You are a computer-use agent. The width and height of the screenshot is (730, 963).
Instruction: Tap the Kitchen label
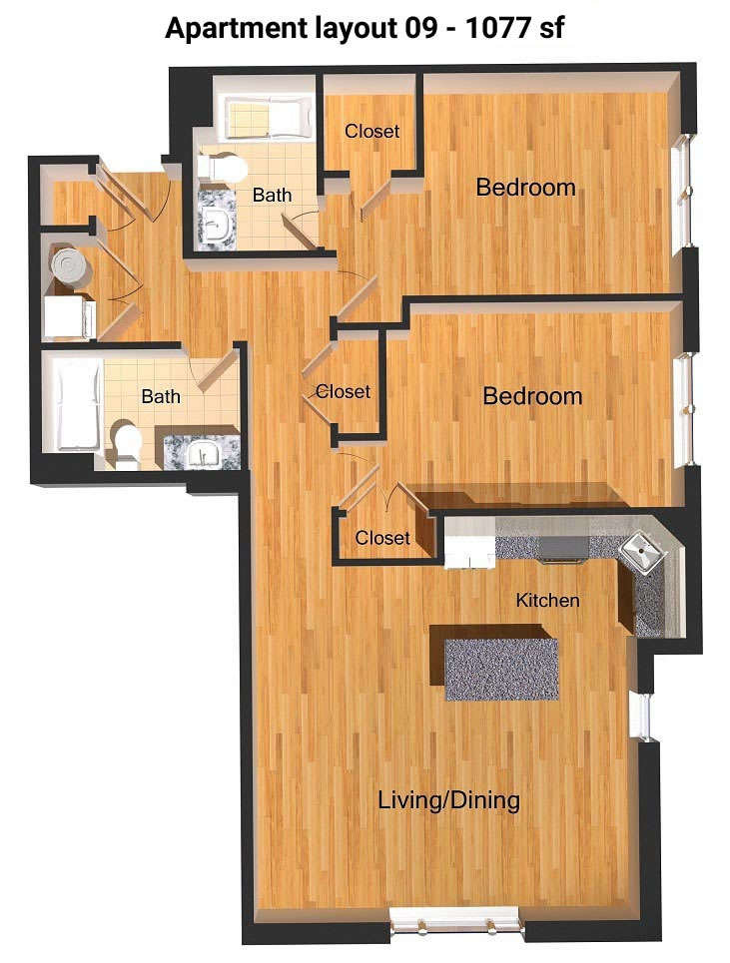[547, 600]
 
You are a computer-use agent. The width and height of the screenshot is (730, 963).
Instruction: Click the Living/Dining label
[448, 800]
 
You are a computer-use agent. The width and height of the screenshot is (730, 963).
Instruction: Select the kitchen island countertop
[501, 669]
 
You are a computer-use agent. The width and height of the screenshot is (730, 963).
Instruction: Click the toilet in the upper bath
[222, 167]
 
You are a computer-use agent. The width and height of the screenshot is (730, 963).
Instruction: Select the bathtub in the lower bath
[79, 404]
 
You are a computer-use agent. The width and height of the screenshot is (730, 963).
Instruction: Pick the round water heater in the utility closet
[71, 265]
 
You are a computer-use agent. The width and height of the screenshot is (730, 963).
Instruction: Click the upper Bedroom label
[526, 188]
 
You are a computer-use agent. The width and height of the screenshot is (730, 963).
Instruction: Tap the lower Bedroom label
[532, 396]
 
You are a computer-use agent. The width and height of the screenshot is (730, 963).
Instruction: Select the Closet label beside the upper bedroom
[371, 131]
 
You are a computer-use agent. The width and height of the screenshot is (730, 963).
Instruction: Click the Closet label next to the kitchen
[382, 538]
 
